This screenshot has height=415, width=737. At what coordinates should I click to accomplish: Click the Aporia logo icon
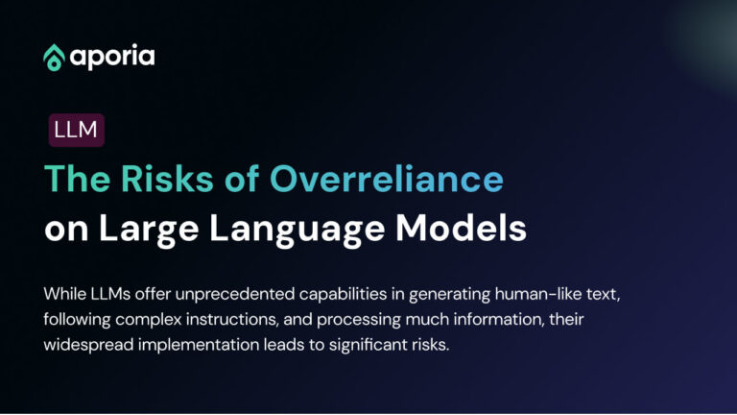[x=54, y=57]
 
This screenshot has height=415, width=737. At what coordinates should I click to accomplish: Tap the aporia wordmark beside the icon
[x=111, y=57]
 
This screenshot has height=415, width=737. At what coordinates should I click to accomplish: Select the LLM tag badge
[x=76, y=130]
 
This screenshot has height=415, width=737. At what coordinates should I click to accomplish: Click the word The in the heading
[x=78, y=180]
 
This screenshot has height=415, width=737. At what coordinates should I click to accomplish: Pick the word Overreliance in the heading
[x=386, y=180]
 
